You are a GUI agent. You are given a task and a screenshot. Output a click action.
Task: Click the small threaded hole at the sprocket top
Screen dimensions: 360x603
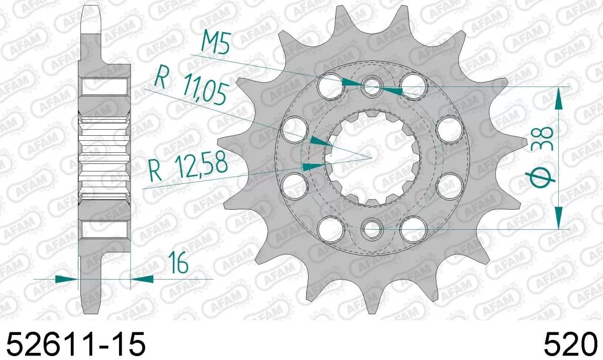[372, 84]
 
